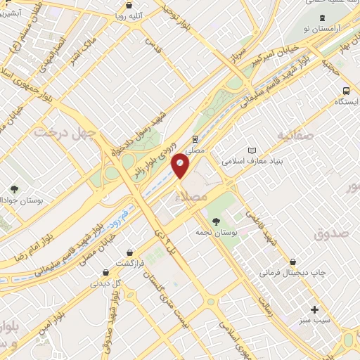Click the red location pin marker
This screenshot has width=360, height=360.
click(181, 165)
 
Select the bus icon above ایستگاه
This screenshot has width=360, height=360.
click(345, 91)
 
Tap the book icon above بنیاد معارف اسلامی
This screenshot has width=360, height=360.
click(252, 150)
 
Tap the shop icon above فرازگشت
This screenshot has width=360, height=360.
click(129, 252)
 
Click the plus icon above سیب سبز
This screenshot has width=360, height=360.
click(314, 309)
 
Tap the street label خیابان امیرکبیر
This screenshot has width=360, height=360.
click(279, 54)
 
